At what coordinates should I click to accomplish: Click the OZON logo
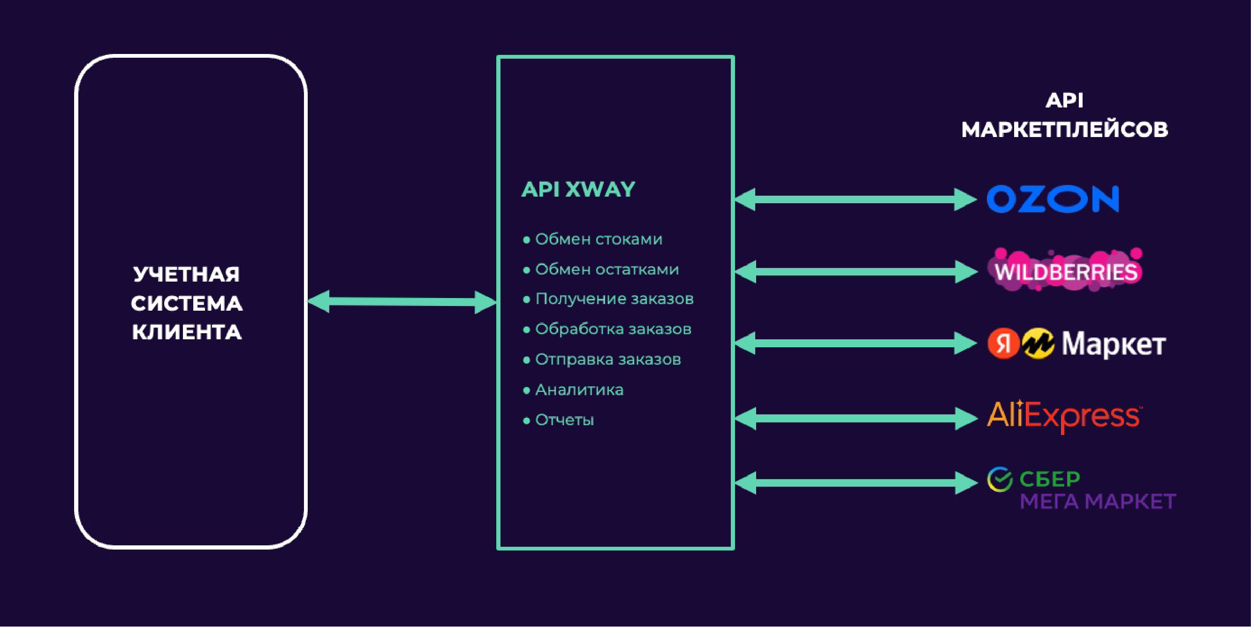[1053, 199]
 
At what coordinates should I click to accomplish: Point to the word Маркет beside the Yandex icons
[1114, 344]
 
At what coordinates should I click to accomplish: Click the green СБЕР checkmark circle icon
[1000, 480]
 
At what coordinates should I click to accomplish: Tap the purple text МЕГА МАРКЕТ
[1098, 502]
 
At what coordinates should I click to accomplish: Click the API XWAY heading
[578, 190]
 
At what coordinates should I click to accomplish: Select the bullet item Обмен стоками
[599, 239]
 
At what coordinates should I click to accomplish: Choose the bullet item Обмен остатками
[607, 269]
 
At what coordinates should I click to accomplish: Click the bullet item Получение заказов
[614, 299]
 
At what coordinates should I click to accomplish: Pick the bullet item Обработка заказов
[613, 329]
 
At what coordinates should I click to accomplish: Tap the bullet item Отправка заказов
[607, 359]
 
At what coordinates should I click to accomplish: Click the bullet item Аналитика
[579, 390]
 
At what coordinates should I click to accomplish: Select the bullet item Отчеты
[564, 420]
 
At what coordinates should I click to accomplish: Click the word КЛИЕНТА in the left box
[187, 332]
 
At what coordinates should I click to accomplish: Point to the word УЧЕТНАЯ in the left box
[187, 274]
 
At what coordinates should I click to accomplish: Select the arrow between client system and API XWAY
[402, 302]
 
